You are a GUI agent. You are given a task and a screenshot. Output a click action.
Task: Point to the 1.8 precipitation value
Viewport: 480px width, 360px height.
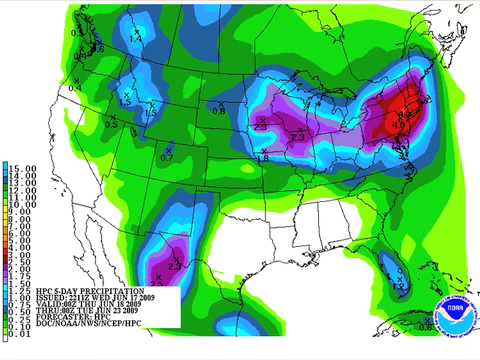[263, 157]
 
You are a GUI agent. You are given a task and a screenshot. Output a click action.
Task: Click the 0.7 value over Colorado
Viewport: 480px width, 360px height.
[167, 157]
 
